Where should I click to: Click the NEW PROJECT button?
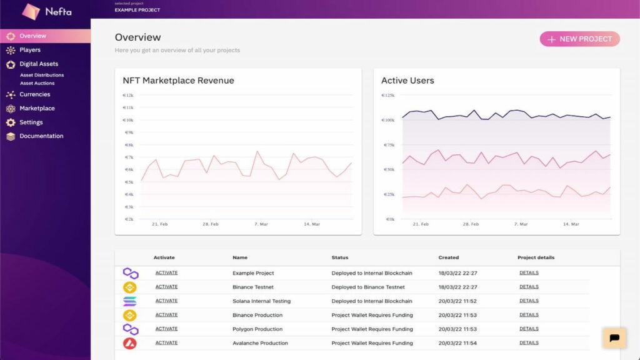pos(579,39)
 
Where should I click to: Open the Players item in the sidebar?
pos(29,50)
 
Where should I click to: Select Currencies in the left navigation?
pos(34,94)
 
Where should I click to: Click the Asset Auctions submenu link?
pos(37,83)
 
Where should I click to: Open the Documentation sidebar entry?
pos(41,136)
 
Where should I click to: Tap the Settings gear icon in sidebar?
pos(11,122)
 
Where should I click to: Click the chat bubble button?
pos(614,337)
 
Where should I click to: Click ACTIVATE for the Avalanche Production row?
pos(166,342)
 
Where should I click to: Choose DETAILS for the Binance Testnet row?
pos(529,287)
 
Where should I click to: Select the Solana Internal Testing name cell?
pos(261,301)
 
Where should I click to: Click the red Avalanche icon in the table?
pos(130,342)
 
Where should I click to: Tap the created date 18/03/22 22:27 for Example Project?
pos(457,273)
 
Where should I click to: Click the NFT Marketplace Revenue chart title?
pos(178,81)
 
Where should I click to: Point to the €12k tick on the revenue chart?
pos(128,96)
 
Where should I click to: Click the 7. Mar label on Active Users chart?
pos(521,224)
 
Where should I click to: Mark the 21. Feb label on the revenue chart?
pos(159,224)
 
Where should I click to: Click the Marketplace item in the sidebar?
pos(37,109)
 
